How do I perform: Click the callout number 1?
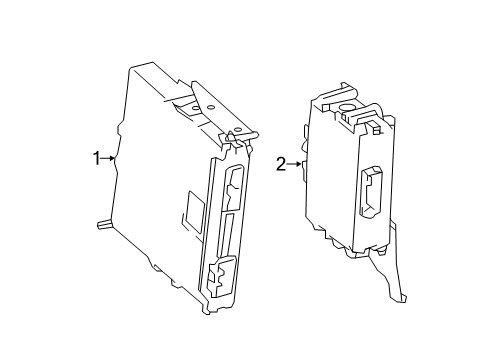[x=97, y=158]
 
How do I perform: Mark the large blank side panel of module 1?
[x=155, y=180]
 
